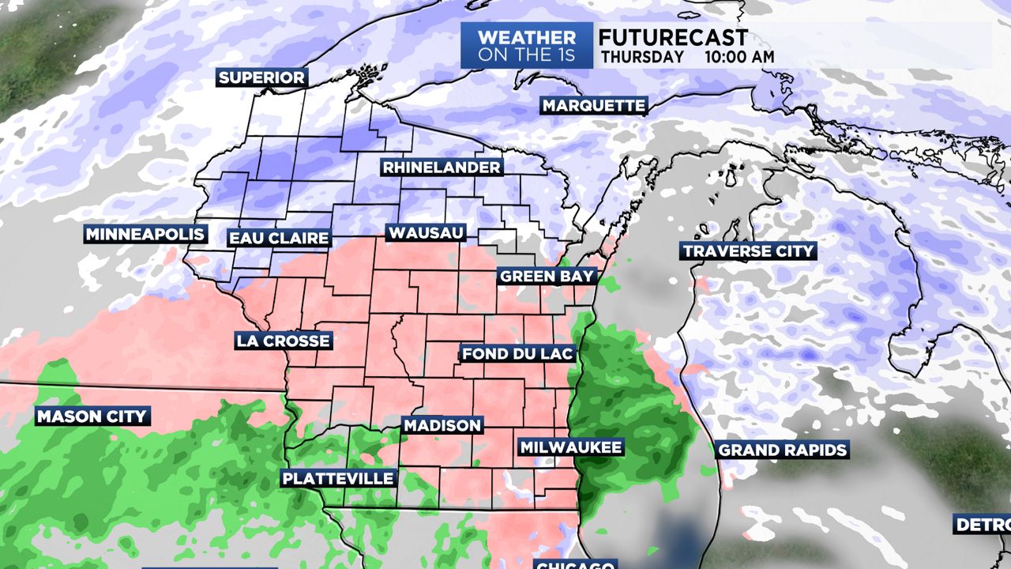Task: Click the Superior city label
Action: point(261,77)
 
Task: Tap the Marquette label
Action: point(594,106)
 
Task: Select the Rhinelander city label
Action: point(442,168)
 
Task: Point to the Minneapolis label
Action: point(145,235)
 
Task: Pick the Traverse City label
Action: point(747,251)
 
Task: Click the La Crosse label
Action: point(283,341)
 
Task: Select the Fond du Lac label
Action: point(517,353)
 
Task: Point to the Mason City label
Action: point(92,416)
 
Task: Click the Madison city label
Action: point(442,425)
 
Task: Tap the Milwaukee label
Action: point(570,447)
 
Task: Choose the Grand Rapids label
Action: point(782,450)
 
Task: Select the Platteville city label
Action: point(338,478)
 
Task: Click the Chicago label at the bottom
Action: point(574,564)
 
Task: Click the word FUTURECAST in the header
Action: point(673,38)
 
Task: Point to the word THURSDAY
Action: point(642,57)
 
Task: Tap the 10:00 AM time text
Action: point(740,57)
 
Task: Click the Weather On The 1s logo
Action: point(526,46)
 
